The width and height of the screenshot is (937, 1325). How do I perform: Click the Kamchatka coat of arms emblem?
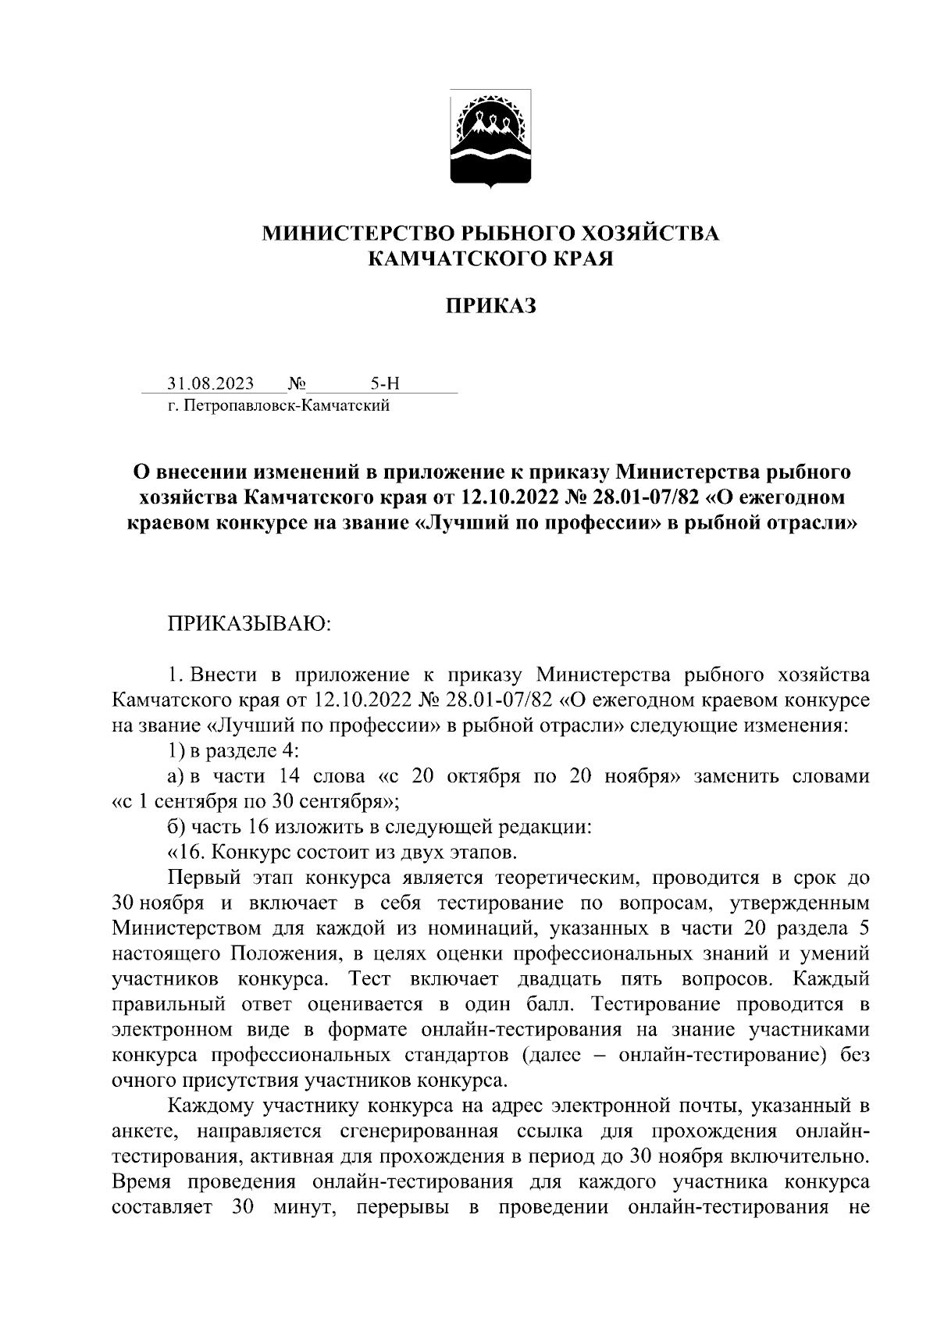click(x=490, y=138)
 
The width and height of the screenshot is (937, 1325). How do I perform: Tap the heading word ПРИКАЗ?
click(x=490, y=307)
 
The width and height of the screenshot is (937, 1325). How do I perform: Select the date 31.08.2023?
click(x=211, y=383)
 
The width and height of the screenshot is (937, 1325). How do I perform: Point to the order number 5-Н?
click(x=384, y=383)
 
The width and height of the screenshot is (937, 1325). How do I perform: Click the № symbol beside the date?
click(x=297, y=383)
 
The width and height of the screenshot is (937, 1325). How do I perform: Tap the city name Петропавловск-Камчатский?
click(x=285, y=406)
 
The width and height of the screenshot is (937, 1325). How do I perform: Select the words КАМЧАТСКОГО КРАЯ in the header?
click(x=490, y=258)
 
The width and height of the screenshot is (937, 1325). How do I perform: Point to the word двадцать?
click(x=553, y=978)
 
